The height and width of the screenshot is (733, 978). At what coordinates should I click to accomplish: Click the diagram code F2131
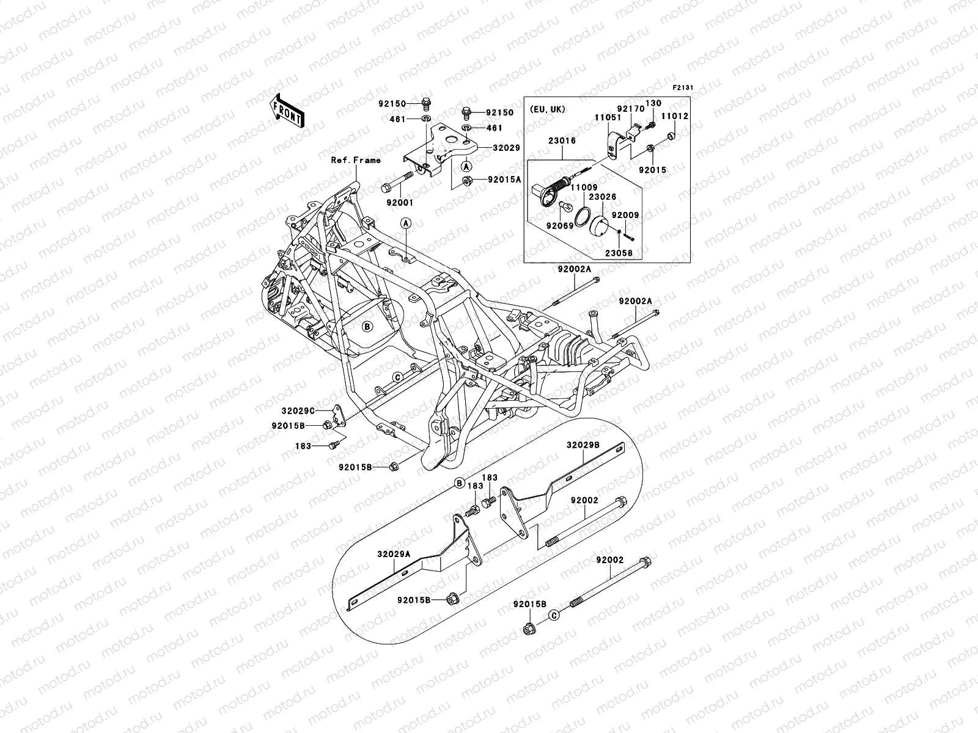click(x=682, y=88)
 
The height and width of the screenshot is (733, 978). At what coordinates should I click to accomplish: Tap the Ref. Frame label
click(x=356, y=160)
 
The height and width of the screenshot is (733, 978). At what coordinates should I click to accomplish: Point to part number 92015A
click(x=504, y=180)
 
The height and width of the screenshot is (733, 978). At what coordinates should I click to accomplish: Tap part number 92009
click(x=624, y=216)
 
